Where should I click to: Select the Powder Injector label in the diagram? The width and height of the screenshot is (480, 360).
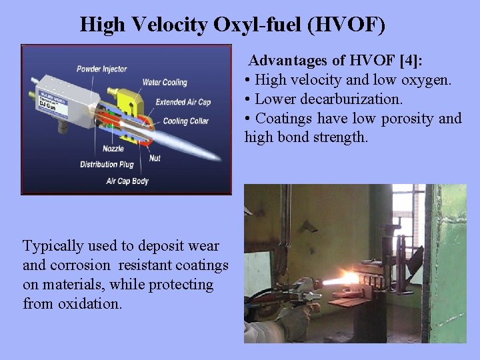[x=101, y=69]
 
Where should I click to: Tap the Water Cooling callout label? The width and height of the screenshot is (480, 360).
[x=165, y=83]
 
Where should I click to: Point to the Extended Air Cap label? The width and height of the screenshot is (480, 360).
[x=183, y=102]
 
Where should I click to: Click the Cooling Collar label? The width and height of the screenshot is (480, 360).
[x=185, y=121]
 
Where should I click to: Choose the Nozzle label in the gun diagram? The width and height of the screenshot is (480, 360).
[x=113, y=149]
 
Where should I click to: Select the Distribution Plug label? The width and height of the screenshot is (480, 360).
[x=107, y=165]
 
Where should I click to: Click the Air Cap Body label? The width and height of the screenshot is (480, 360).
[x=127, y=181]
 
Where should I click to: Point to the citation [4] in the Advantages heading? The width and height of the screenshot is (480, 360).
[x=407, y=61]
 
